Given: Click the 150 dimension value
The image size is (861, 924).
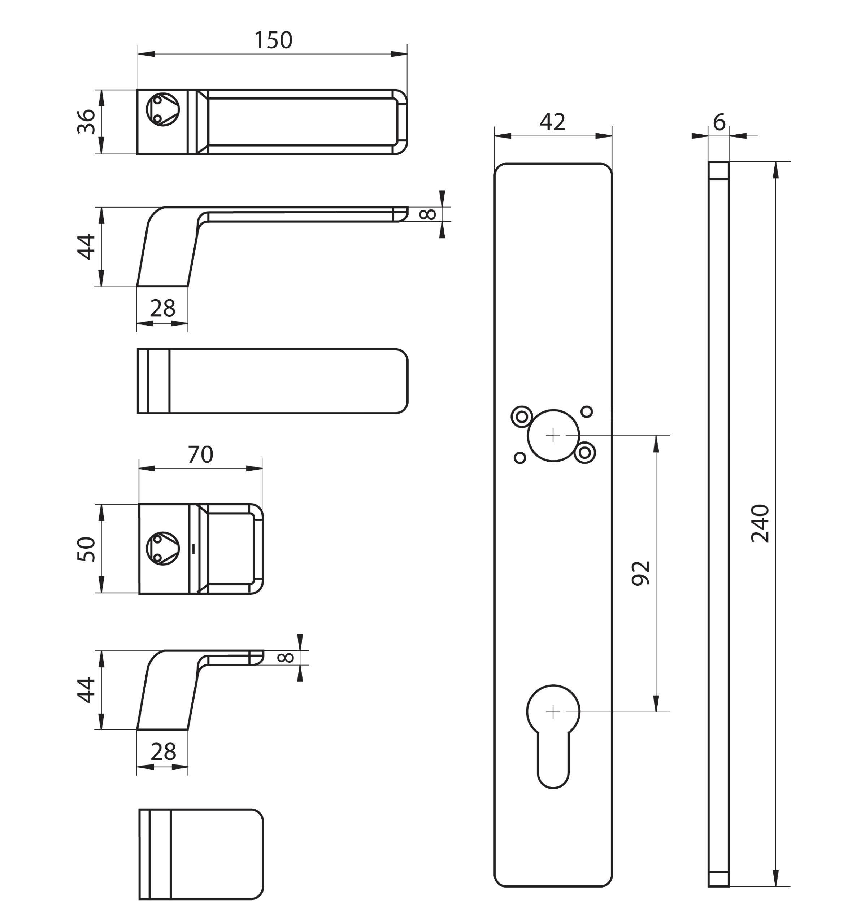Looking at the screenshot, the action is (x=273, y=40).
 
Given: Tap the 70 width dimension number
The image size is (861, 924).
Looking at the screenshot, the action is (x=200, y=454).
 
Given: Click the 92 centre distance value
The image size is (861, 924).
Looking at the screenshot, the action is (x=641, y=573).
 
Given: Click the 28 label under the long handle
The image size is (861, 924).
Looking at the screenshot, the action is (x=163, y=308).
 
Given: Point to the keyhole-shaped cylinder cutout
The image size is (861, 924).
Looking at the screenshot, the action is (x=553, y=737).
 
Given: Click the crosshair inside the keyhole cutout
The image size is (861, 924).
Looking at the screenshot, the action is (x=553, y=712).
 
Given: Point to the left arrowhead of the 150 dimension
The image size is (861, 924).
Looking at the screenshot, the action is (x=146, y=54).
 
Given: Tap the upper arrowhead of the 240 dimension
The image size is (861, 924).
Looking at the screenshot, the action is (x=775, y=170).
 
